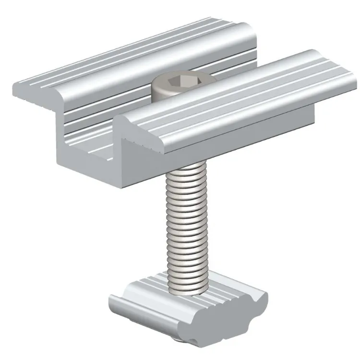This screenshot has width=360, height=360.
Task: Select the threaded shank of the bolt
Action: [188, 226]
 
